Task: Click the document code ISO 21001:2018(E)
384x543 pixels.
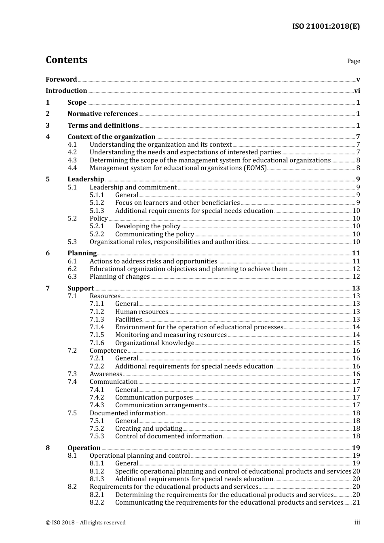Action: point(326,26)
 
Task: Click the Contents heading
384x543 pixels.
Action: point(66,60)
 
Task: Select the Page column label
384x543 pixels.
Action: point(353,61)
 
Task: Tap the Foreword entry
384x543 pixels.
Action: point(61,79)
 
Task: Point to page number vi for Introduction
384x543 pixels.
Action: point(357,91)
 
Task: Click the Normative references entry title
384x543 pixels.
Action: point(103,114)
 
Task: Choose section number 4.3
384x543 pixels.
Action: point(72,160)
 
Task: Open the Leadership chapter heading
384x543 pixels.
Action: point(86,179)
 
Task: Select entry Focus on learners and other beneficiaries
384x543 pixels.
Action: point(177,203)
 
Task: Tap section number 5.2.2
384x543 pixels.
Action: point(97,234)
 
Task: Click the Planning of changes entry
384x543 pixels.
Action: point(120,277)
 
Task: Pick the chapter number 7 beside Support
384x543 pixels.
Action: point(48,288)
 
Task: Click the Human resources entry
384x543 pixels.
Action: point(141,312)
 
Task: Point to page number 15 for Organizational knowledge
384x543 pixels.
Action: point(356,343)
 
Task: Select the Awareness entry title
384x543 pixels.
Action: point(106,374)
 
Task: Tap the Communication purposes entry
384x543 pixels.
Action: point(154,398)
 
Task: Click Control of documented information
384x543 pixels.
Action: point(169,436)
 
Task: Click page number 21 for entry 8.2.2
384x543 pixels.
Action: point(356,503)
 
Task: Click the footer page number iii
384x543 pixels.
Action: point(357,522)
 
